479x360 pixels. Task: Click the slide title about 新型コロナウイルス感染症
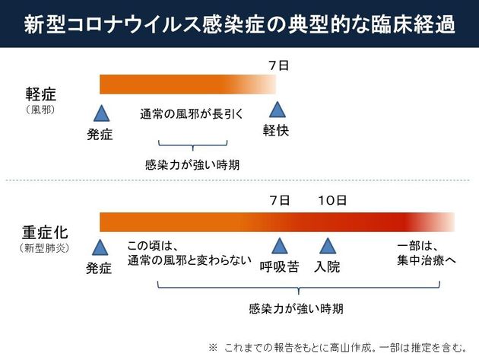(x=239, y=24)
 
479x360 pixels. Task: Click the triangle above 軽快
(x=276, y=110)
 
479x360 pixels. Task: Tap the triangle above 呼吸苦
(x=279, y=247)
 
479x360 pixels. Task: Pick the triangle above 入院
(x=328, y=247)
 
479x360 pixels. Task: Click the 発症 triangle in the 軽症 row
(x=100, y=114)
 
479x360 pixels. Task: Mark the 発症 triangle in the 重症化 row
(x=100, y=247)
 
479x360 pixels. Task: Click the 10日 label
(x=332, y=200)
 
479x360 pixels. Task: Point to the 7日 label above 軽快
(x=278, y=67)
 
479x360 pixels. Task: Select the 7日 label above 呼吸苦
(x=279, y=200)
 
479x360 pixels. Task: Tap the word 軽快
(x=276, y=130)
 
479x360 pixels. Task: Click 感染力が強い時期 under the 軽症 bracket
(x=192, y=164)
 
